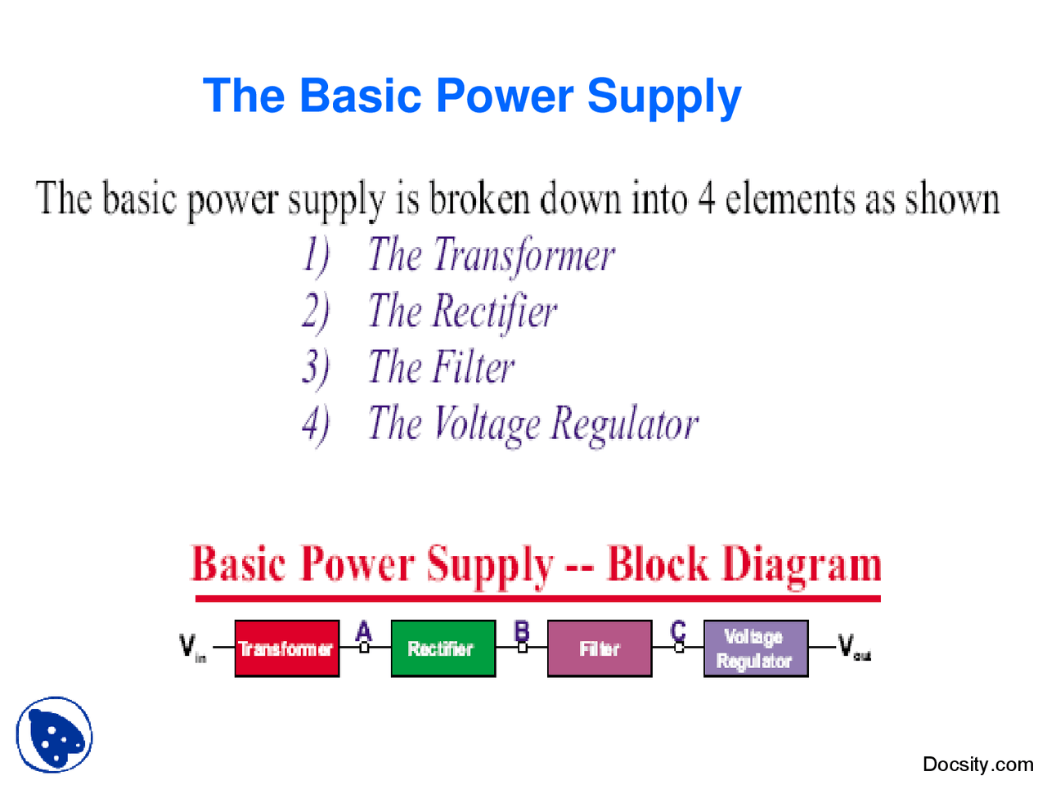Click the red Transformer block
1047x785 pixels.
[286, 648]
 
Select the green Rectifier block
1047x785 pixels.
[443, 648]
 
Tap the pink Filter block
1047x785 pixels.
[600, 648]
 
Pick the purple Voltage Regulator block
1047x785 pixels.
[755, 648]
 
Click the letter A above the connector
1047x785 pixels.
[364, 630]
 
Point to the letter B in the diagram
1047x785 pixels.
[522, 630]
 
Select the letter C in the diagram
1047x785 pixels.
[678, 630]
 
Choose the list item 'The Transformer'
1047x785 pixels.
[491, 255]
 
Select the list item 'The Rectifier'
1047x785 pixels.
[462, 312]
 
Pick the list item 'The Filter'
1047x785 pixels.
[441, 367]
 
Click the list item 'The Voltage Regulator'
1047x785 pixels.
[532, 424]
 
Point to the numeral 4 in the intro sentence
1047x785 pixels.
[707, 200]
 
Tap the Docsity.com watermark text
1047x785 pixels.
[977, 765]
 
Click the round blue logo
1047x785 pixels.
[54, 734]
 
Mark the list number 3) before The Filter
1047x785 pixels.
[316, 367]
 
